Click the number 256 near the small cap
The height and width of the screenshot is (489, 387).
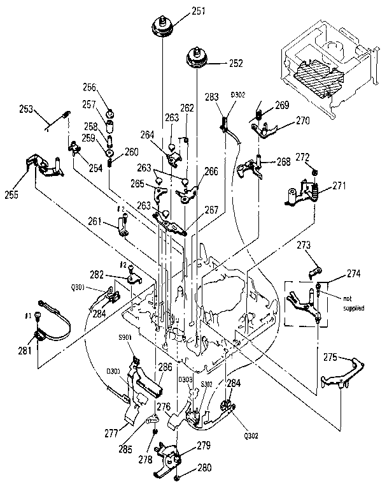pos(88,88)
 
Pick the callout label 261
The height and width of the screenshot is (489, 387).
pos(95,221)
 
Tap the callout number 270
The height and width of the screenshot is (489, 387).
pos(303,119)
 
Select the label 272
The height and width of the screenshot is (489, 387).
pos(302,157)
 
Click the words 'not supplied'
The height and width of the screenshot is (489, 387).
pos(353,303)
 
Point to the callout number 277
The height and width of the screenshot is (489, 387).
pos(112,434)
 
